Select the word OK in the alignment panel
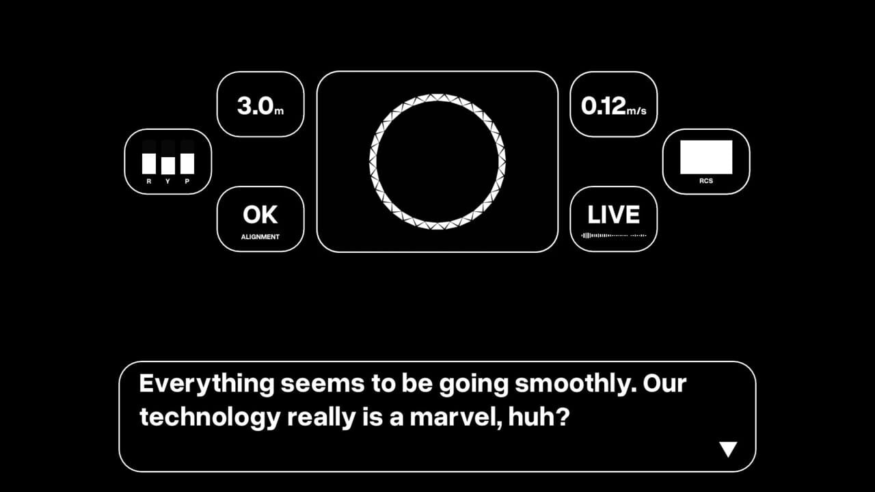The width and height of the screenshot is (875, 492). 260,215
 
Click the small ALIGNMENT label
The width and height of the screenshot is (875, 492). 260,237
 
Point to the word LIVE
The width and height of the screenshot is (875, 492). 613,215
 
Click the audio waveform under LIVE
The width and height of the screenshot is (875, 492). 613,236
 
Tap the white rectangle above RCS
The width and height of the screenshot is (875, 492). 706,157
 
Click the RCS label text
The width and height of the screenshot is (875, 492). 706,181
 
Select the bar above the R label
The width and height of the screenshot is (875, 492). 149,163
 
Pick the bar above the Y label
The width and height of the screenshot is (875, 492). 168,165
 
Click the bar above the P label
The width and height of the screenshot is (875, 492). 187,163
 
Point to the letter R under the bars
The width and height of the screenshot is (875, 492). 149,182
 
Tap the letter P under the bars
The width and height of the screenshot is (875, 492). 187,182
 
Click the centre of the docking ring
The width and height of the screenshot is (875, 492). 437,162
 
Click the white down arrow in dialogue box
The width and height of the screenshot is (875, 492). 728,449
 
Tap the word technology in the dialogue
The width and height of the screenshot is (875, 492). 209,417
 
